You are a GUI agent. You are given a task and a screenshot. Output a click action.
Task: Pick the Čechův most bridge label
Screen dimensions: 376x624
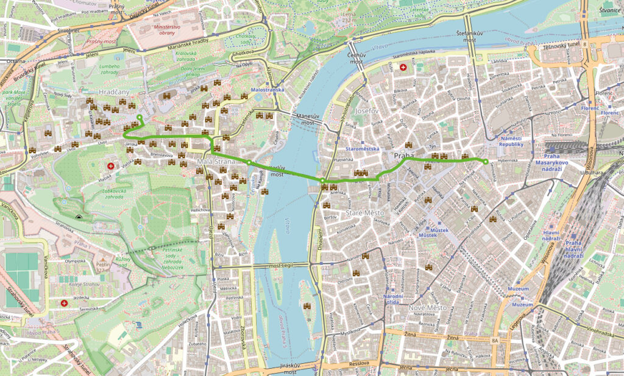tap(356, 57)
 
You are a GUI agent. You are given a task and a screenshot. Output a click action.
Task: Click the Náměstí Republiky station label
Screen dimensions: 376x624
tap(511, 141)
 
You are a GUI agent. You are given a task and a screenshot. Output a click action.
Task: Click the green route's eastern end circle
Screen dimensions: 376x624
tap(486, 162)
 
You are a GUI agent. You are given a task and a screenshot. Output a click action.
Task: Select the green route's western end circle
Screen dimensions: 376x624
tap(140, 117)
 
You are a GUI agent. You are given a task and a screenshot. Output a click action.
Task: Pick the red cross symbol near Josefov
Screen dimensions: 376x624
tap(403, 67)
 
